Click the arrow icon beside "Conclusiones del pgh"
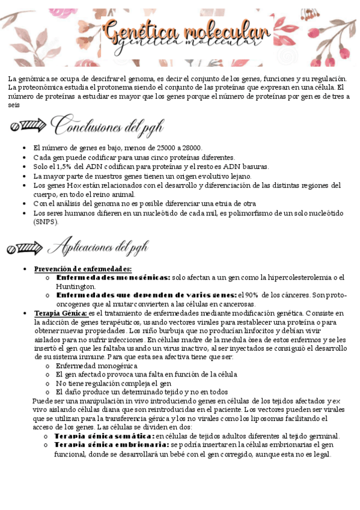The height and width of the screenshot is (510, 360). coord(28,126)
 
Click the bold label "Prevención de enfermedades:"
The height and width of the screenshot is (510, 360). coord(83,269)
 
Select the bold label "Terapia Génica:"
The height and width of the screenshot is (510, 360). coord(60,313)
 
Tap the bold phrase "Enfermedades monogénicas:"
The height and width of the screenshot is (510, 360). coord(113,278)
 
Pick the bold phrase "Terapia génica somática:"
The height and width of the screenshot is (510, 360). coord(104,436)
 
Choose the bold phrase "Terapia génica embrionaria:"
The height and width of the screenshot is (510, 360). coord(112,445)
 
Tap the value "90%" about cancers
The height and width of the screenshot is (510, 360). coord(249,295)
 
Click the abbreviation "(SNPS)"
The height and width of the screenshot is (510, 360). coord(46,222)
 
